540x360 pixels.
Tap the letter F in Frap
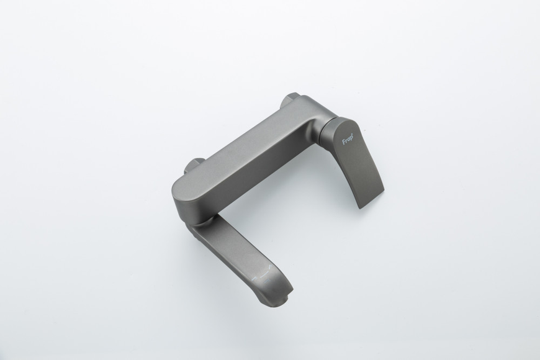[344, 142]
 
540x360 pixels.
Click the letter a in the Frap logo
[349, 140]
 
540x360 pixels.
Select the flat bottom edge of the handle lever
[371, 199]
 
